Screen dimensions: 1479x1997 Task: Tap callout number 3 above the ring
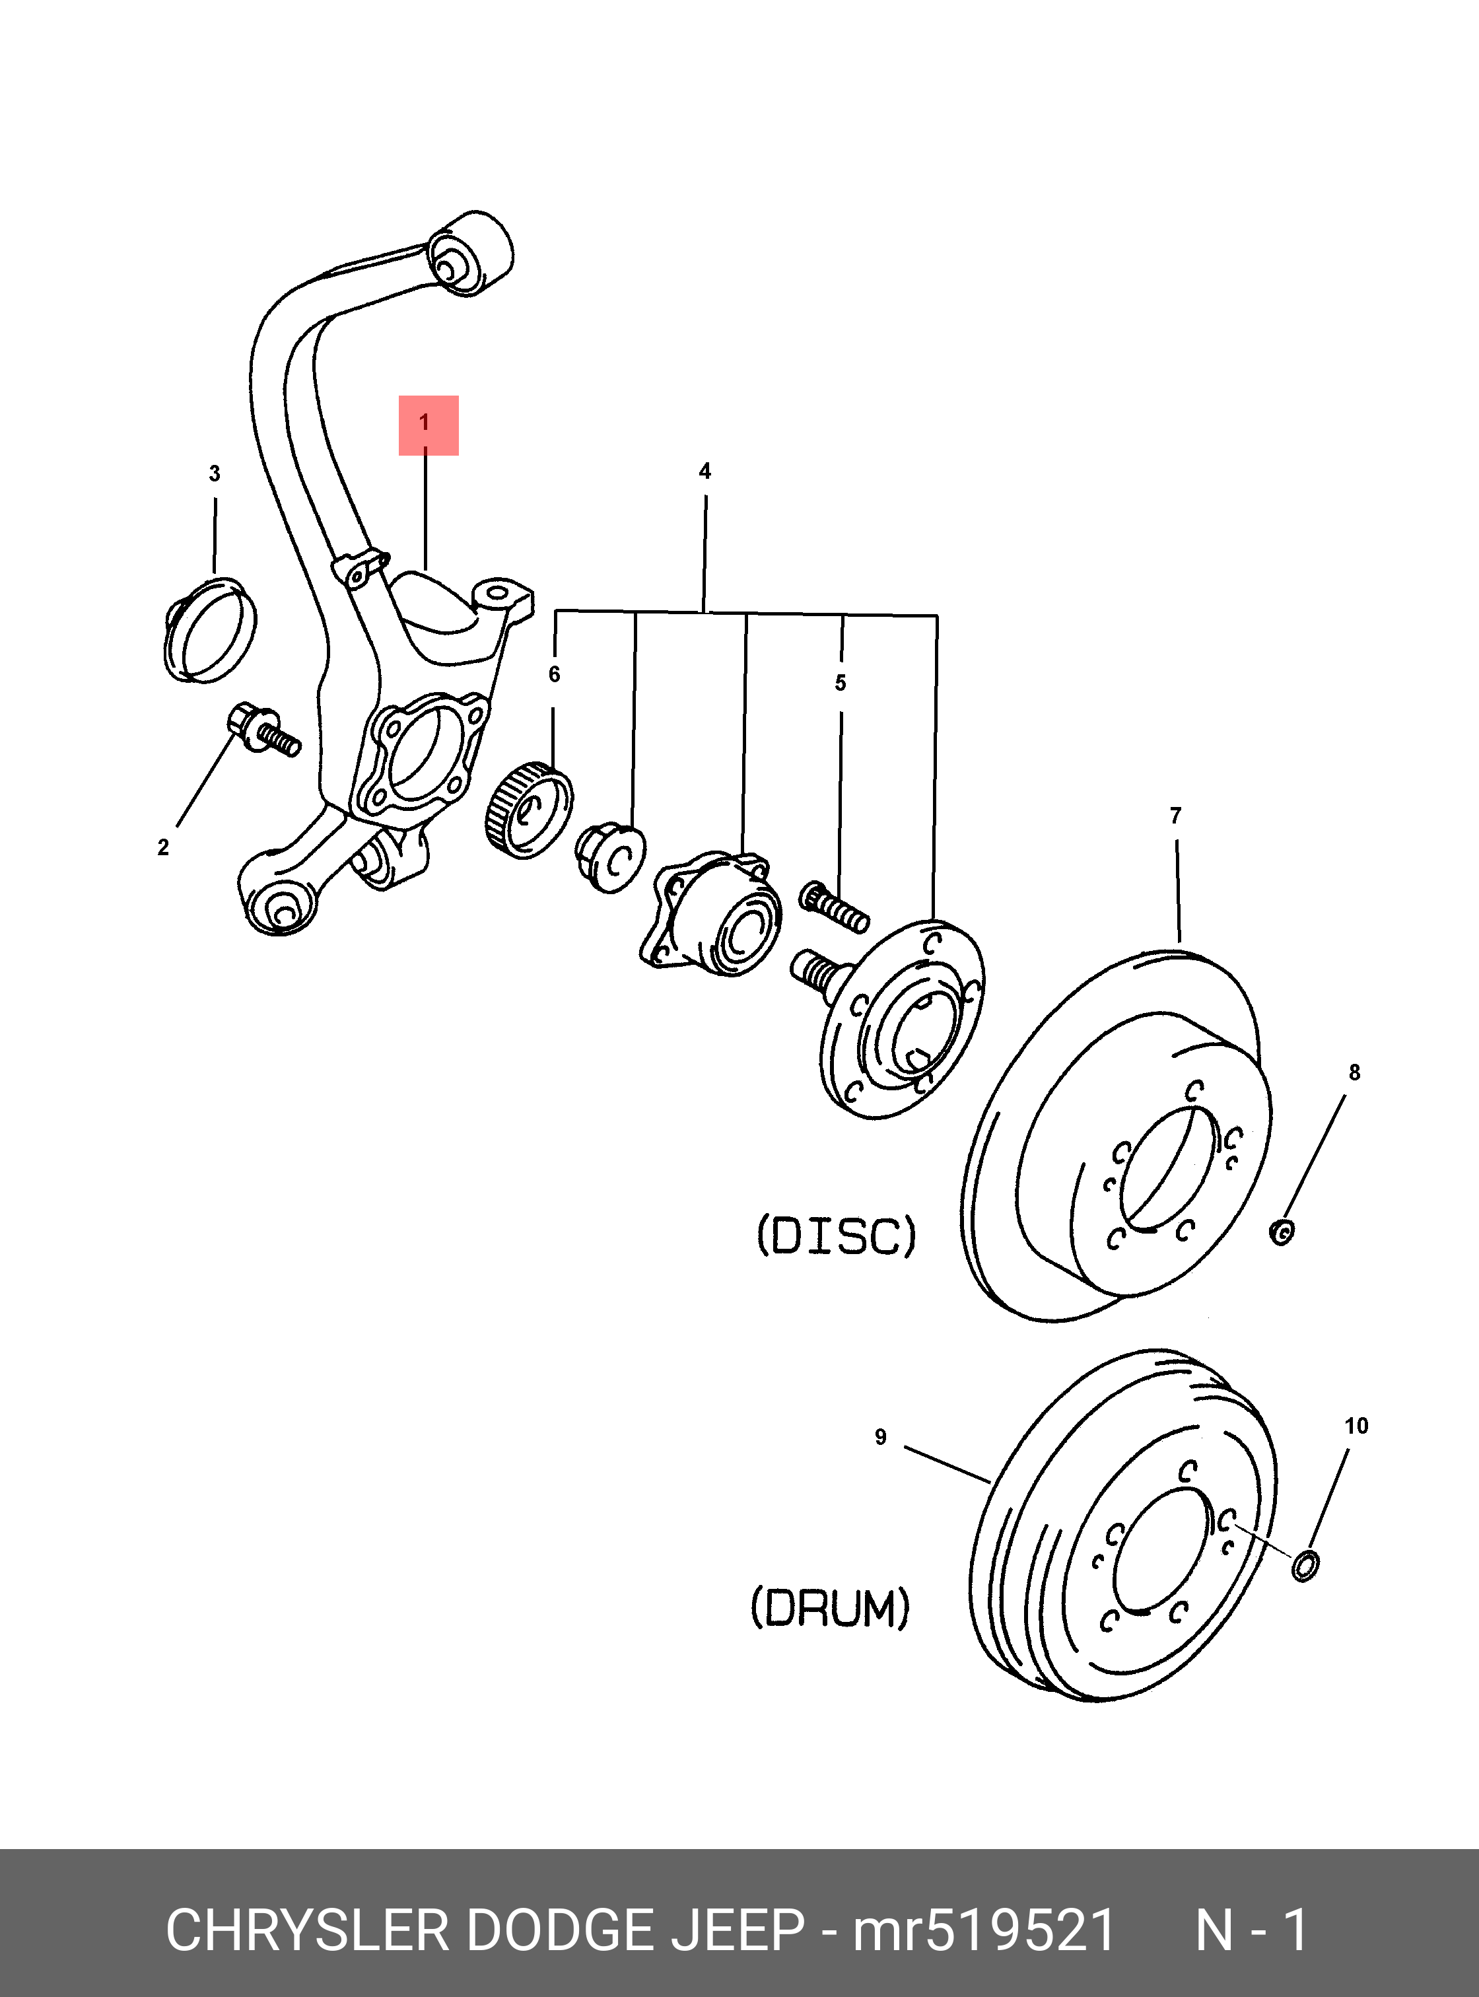point(215,473)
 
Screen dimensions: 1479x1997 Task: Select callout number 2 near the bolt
point(163,847)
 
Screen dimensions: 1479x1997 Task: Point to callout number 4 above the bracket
point(705,471)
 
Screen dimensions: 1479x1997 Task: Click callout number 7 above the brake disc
point(1175,816)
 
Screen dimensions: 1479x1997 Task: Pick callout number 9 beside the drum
point(881,1437)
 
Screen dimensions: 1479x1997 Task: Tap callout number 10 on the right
point(1356,1426)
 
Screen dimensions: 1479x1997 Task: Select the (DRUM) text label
point(830,1607)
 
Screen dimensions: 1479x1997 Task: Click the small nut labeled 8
point(1282,1232)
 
